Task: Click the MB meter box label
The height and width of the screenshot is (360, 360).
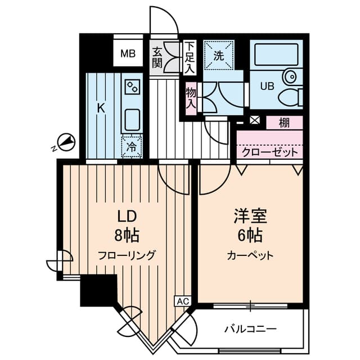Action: point(128,54)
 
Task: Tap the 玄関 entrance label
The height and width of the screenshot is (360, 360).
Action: point(157,57)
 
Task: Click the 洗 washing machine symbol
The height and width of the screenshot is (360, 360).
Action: point(218,55)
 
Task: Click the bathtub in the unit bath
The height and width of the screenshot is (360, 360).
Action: point(276,56)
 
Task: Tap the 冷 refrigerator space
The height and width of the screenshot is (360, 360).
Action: point(132,148)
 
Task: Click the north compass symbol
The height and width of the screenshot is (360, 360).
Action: point(66,143)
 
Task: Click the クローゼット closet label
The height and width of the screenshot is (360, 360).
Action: point(263,152)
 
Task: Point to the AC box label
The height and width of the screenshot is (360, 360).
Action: point(183,301)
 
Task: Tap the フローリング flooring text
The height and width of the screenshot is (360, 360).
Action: point(127,254)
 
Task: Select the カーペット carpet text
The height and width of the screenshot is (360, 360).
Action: point(250,255)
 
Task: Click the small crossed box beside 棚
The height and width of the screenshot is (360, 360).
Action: point(255,120)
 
